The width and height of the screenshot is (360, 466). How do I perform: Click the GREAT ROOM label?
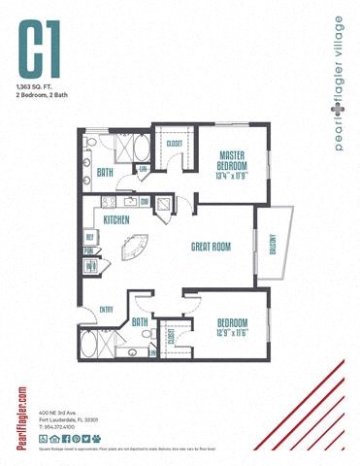[210, 247]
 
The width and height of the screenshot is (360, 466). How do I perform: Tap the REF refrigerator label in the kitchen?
[89, 236]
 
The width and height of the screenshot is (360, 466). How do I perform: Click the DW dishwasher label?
[144, 202]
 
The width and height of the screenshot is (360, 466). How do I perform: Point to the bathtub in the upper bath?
[138, 151]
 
